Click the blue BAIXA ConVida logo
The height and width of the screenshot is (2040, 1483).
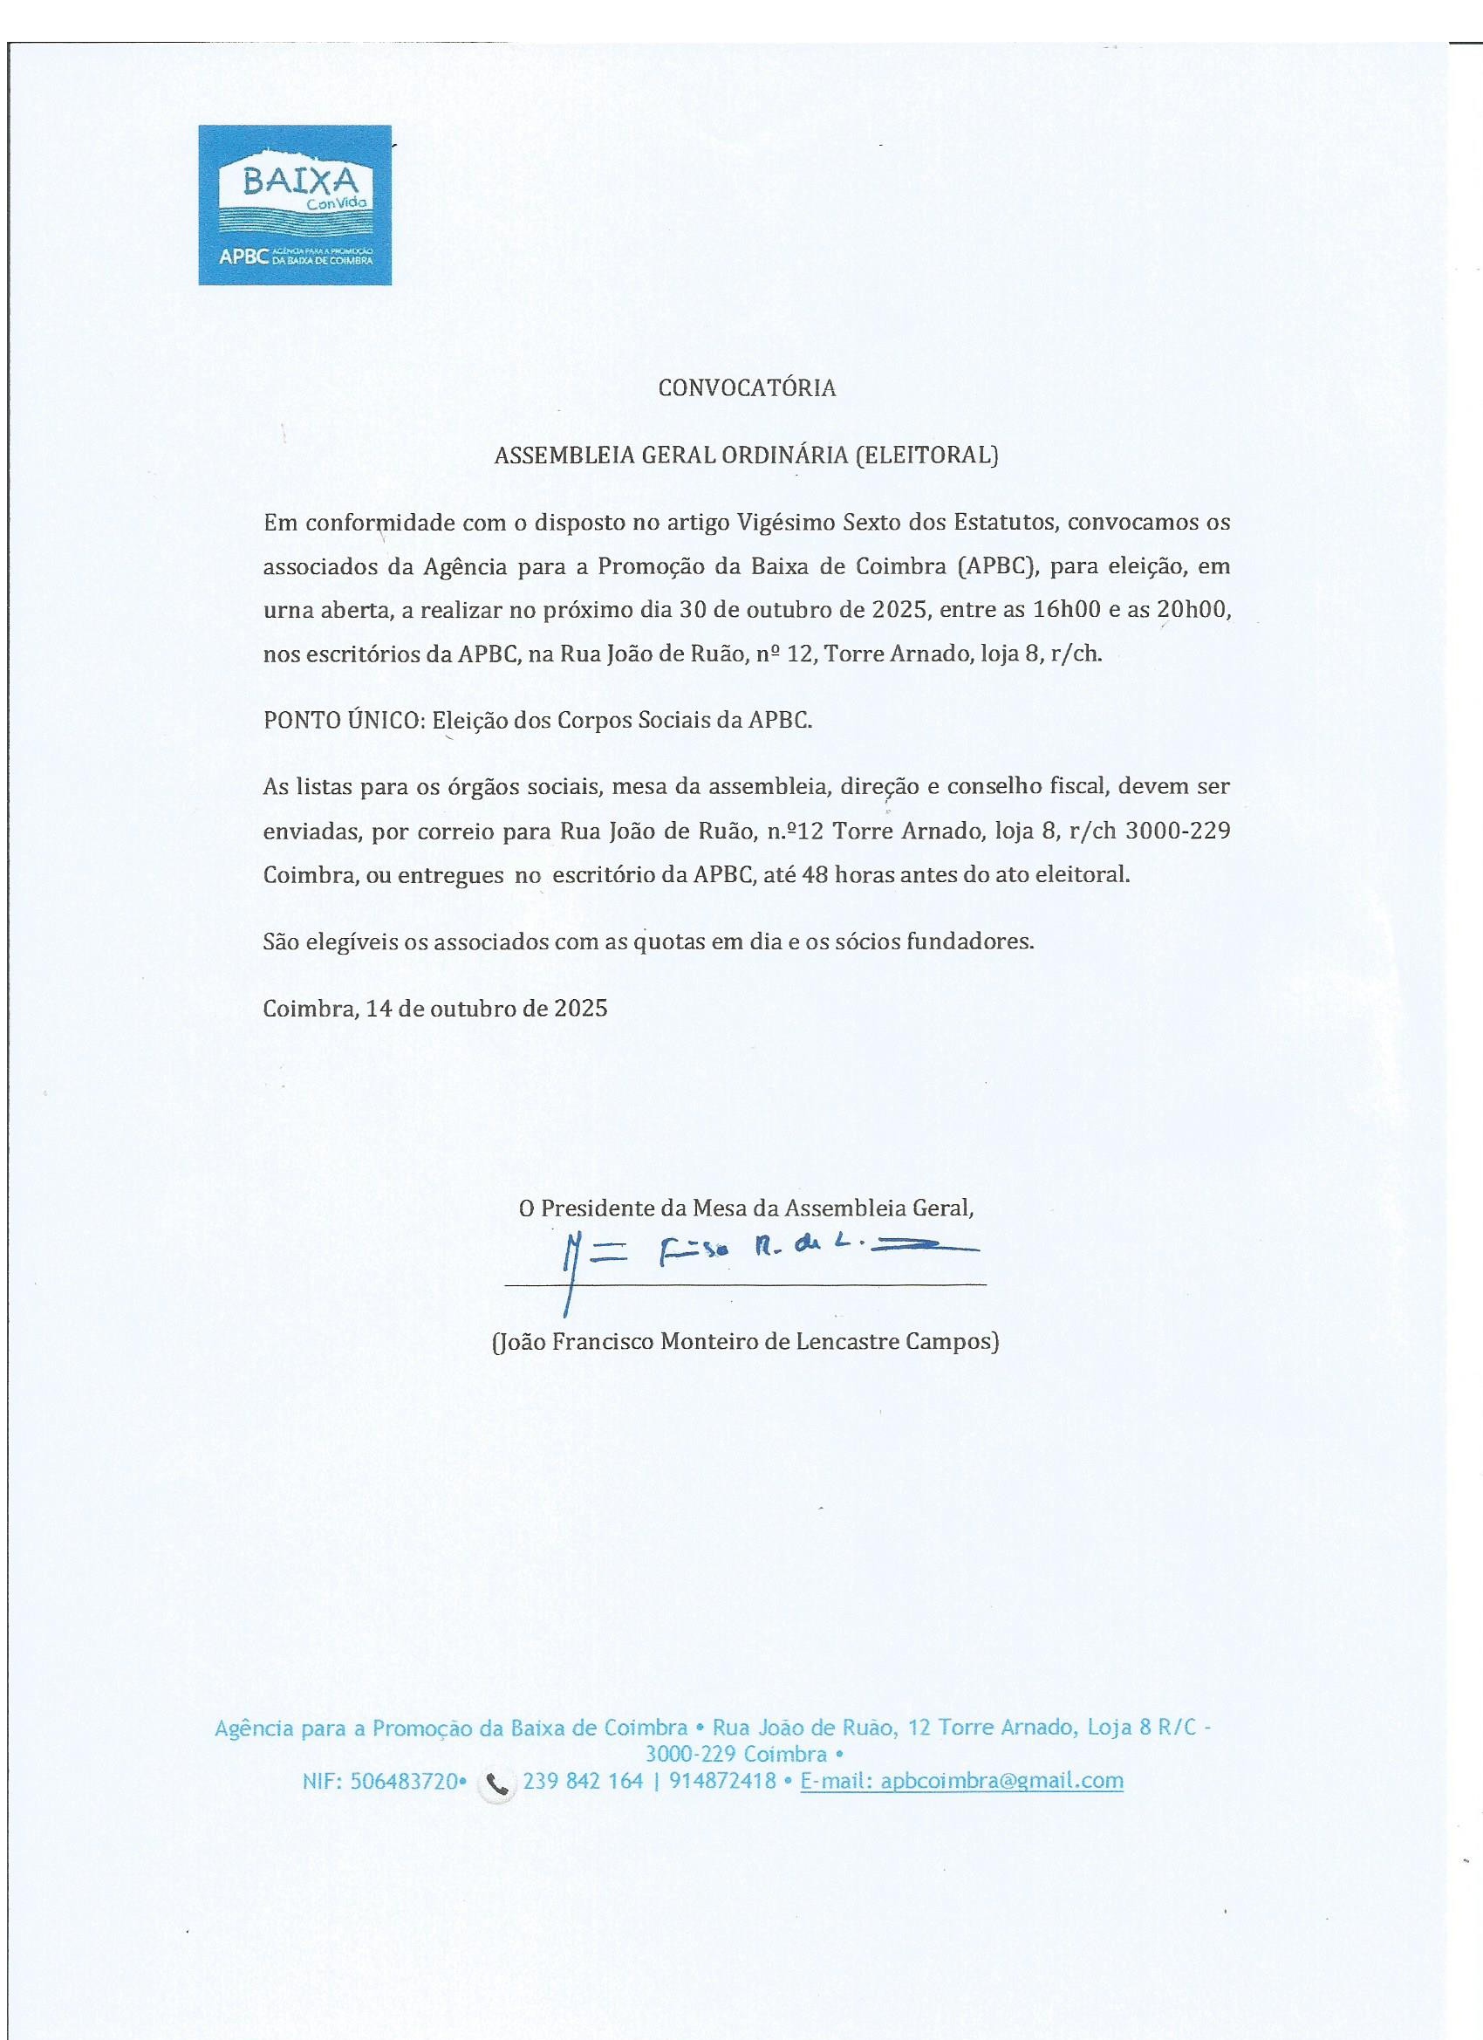tap(295, 204)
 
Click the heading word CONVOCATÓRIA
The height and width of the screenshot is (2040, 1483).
tap(747, 387)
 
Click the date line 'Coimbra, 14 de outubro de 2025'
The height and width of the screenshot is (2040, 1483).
tap(435, 1008)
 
